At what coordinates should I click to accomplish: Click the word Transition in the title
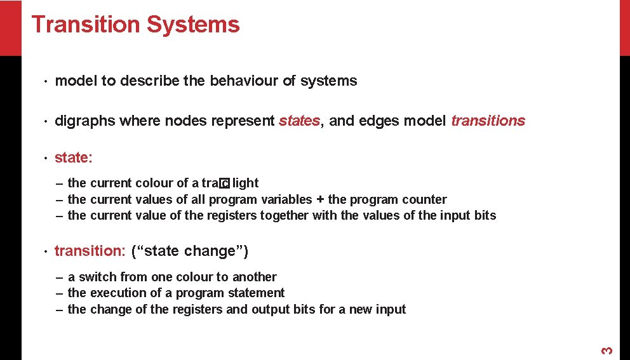point(85,25)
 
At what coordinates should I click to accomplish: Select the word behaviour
point(244,81)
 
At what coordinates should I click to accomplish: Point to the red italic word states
point(299,121)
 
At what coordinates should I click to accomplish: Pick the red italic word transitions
point(488,121)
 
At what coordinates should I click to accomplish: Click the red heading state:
point(74,157)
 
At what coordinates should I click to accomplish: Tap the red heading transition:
point(90,251)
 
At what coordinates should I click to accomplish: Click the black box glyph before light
point(224,184)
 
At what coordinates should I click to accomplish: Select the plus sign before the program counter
point(320,199)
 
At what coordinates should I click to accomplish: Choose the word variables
point(286,199)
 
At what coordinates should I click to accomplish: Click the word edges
point(378,121)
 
